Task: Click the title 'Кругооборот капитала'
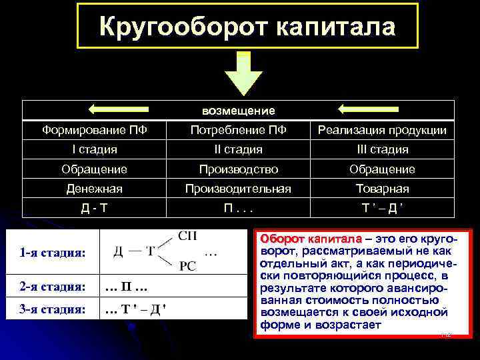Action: pyautogui.click(x=247, y=26)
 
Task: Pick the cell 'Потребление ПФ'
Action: pyautogui.click(x=238, y=130)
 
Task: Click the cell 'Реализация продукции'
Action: pyautogui.click(x=381, y=130)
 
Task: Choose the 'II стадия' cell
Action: pyautogui.click(x=238, y=149)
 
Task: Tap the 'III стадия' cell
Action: pyautogui.click(x=381, y=149)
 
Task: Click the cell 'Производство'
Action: pyautogui.click(x=238, y=169)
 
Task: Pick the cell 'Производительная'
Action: pyautogui.click(x=238, y=189)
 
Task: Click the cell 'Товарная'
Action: pyautogui.click(x=381, y=189)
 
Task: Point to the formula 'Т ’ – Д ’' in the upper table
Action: pyautogui.click(x=381, y=209)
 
